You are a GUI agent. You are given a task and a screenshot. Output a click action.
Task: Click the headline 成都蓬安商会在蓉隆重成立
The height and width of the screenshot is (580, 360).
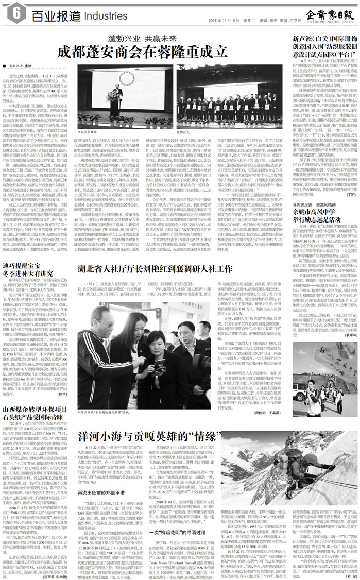tap(142, 51)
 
